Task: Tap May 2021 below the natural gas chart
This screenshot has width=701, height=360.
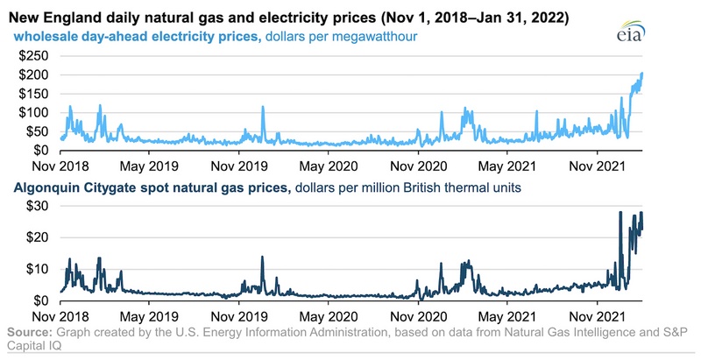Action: tap(506, 314)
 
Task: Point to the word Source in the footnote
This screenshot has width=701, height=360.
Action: tap(29, 333)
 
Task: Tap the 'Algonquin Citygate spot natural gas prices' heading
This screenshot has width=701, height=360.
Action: tap(146, 187)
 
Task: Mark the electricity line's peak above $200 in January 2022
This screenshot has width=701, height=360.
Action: tap(641, 74)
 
